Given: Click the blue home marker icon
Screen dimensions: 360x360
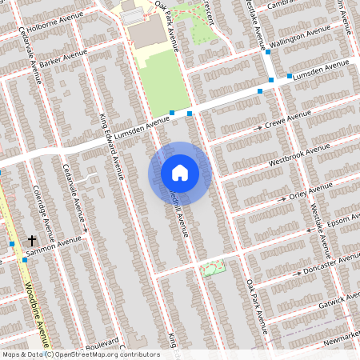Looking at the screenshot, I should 180,172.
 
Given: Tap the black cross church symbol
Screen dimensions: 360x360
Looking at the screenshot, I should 33,240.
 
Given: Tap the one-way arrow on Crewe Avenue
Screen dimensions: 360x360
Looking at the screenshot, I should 258,128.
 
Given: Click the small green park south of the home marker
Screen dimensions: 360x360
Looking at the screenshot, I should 211,269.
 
